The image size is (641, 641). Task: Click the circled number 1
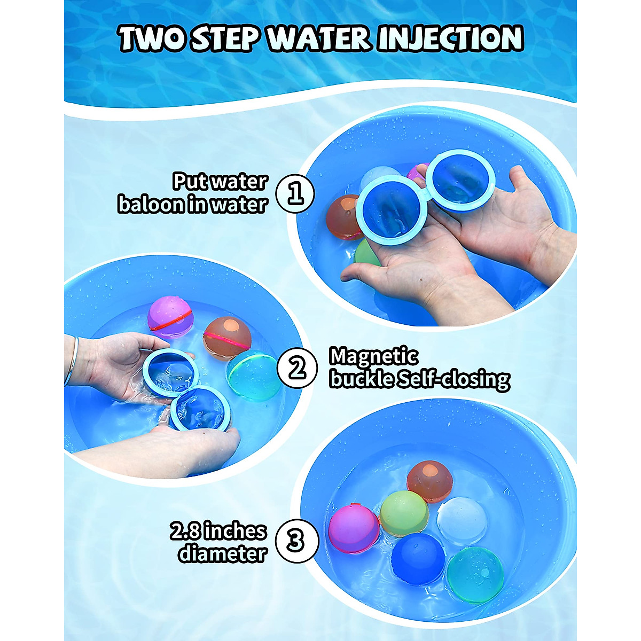point(295,193)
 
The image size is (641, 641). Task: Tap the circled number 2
point(296,368)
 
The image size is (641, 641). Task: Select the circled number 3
point(296,541)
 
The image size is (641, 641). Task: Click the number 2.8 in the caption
point(185,531)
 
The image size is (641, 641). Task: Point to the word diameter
point(222,553)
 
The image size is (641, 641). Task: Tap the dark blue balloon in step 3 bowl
point(418,559)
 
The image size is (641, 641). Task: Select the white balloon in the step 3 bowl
point(462,520)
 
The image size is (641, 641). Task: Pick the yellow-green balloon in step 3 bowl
point(404,513)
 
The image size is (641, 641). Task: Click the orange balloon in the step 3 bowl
point(429,481)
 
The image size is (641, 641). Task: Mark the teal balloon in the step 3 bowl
point(475,575)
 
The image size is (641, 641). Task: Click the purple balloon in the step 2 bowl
point(169,317)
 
